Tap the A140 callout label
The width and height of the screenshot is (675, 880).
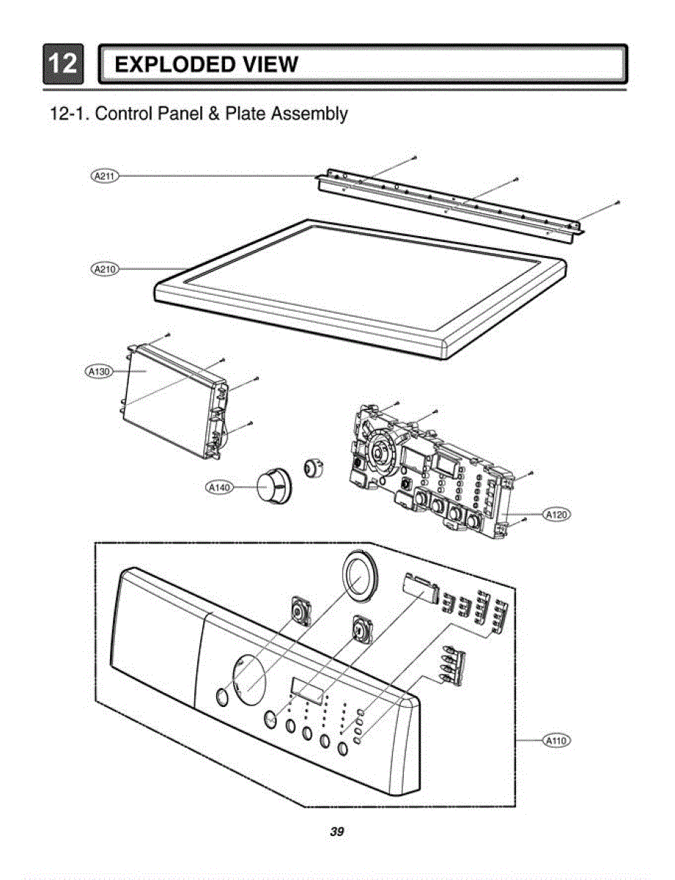pos(219,486)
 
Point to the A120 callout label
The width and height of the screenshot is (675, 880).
pos(557,515)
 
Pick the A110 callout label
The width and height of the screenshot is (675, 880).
pos(557,741)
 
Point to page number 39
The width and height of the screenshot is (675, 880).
pos(337,832)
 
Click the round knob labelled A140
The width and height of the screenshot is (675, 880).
pos(272,486)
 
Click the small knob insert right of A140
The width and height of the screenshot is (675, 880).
pos(314,466)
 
